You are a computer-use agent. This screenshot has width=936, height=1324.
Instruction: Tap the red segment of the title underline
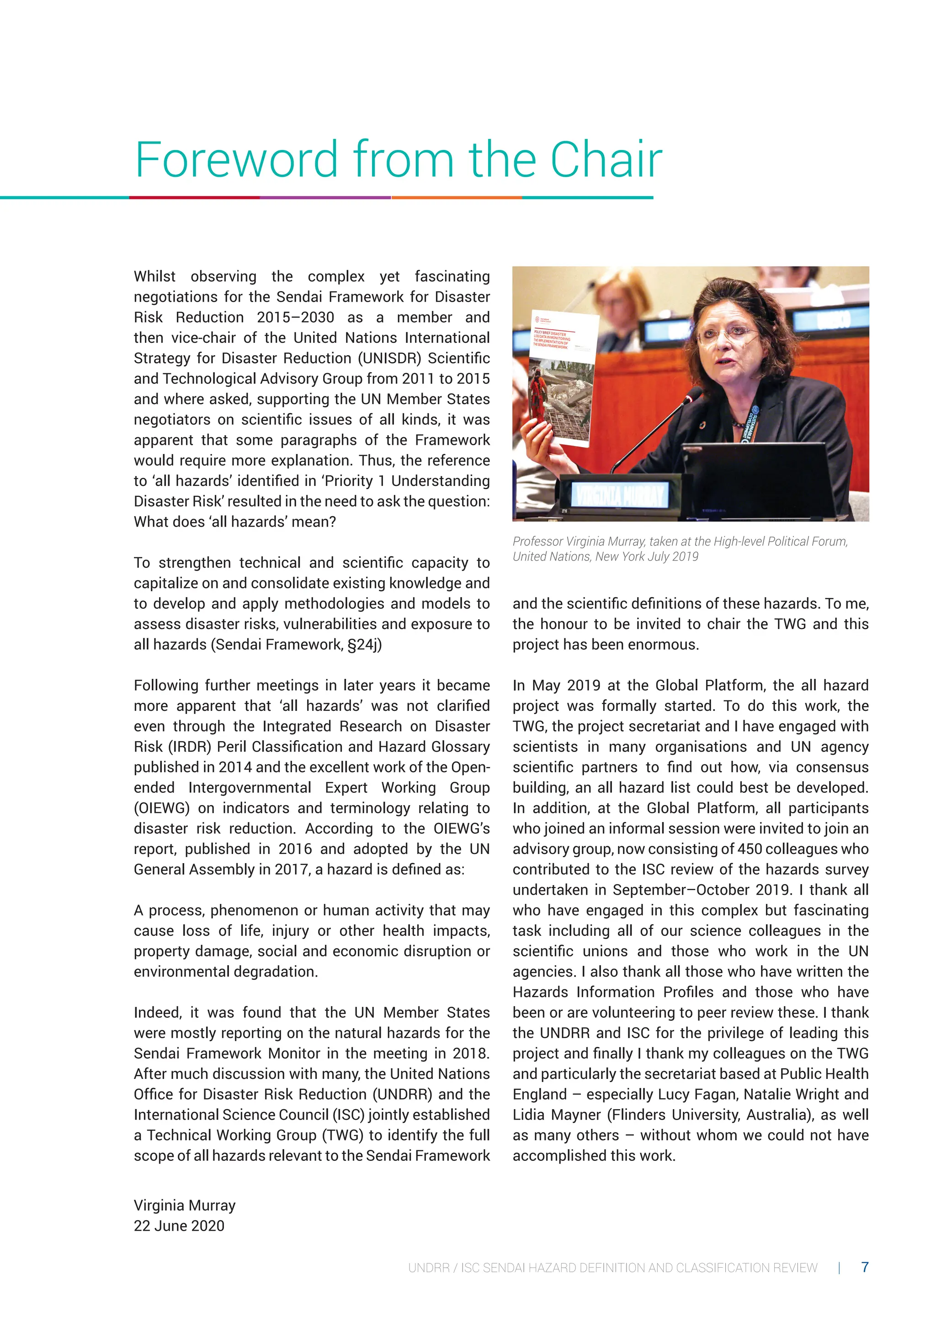pos(194,198)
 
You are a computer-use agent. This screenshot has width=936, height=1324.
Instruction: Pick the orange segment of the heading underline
pos(457,198)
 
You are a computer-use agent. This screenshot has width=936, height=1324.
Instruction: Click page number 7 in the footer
pos(865,1267)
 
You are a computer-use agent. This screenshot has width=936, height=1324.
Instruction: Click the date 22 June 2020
pos(179,1225)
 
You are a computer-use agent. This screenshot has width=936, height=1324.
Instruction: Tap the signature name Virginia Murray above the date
pos(185,1205)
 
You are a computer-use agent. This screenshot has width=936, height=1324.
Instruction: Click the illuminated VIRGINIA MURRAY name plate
pos(620,494)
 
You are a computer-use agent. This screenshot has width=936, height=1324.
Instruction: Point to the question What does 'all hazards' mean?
pos(234,522)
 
